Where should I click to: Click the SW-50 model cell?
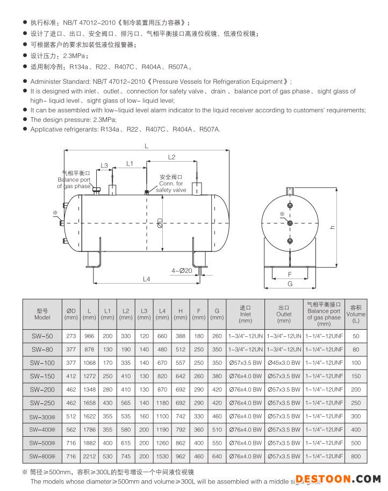[42, 336]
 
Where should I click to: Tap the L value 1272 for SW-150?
[89, 376]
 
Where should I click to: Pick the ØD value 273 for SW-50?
[71, 336]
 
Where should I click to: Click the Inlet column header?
[246, 314]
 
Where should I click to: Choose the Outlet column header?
[284, 314]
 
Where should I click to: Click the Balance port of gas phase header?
[324, 314]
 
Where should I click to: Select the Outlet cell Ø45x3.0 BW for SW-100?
[284, 363]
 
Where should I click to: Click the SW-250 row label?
[42, 403]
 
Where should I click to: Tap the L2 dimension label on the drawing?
[171, 157]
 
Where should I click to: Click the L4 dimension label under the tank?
[146, 278]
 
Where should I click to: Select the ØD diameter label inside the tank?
[160, 223]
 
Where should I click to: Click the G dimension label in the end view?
[290, 283]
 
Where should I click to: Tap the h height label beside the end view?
[333, 227]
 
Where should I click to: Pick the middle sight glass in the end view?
[290, 222]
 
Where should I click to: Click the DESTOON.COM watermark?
[337, 479]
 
